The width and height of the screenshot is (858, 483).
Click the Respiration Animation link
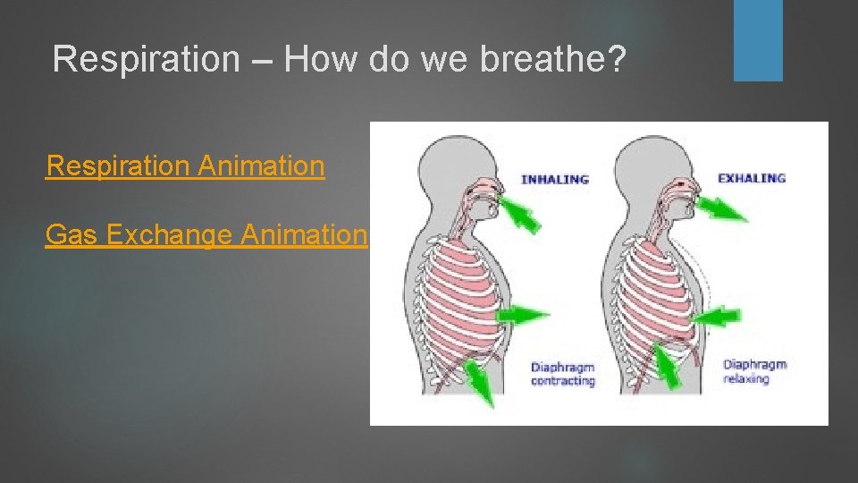point(185,166)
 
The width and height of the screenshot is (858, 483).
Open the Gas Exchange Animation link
point(206,235)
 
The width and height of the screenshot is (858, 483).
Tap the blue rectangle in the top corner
point(758,39)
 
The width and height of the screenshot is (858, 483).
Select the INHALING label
point(555,179)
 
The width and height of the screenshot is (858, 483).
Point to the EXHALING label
point(752,179)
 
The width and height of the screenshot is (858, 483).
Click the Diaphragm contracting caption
point(563,374)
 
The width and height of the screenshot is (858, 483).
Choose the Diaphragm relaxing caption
point(754,371)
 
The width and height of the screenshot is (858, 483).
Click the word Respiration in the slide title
point(146,59)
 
